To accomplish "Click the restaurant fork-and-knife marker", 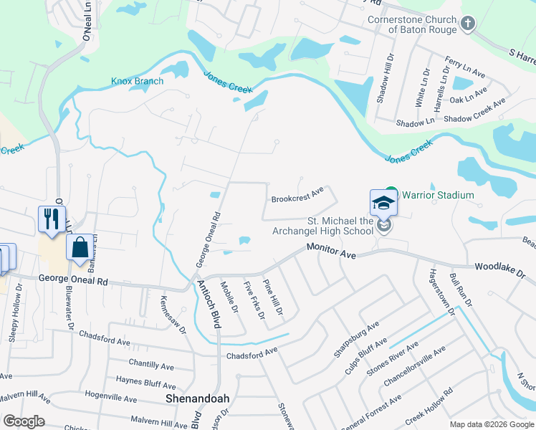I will [x=52, y=219].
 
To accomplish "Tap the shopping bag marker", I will [x=80, y=248].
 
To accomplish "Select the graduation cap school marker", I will [x=383, y=203].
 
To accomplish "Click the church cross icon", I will [x=468, y=24].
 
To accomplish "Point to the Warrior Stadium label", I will [x=436, y=195].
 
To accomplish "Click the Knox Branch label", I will [x=137, y=81].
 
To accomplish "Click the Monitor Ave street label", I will [x=331, y=250].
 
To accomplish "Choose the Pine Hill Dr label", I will [x=272, y=298].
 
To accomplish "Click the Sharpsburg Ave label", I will [x=356, y=339].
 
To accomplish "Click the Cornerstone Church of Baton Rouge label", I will [x=411, y=25].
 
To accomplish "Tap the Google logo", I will [x=24, y=421].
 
